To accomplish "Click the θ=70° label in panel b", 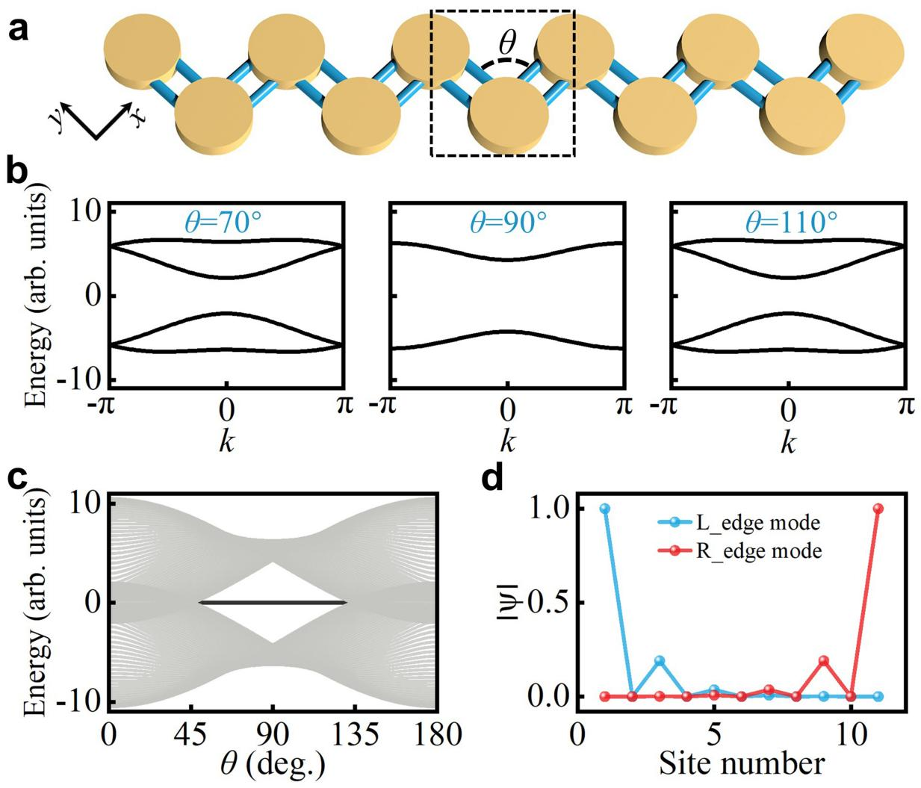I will (x=226, y=221).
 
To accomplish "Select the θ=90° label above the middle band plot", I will (x=507, y=221).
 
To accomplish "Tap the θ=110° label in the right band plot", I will (x=788, y=221).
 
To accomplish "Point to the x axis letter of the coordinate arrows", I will (x=138, y=117).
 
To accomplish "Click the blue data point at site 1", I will (x=604, y=508).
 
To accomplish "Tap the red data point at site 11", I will (x=878, y=508).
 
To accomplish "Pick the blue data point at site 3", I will (x=659, y=660).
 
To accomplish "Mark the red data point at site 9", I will (x=824, y=660).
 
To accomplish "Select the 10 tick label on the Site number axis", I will (x=851, y=734).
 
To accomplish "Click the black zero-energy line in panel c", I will (x=272, y=602).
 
